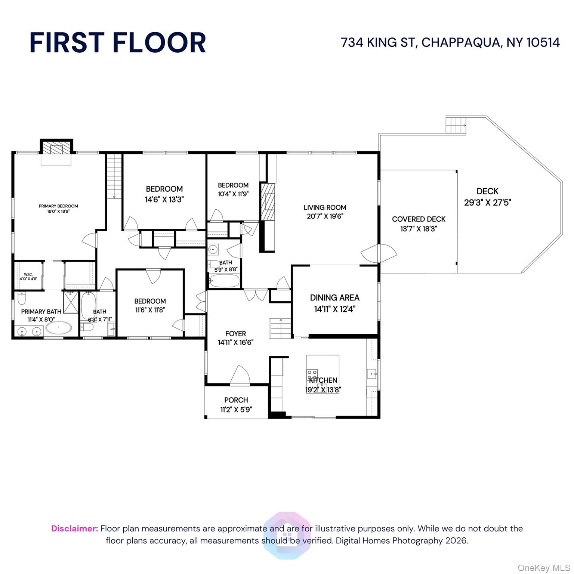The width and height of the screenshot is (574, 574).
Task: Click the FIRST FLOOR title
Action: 118,42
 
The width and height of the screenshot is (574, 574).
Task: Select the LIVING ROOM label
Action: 324,207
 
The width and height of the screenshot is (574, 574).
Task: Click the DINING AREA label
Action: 334,298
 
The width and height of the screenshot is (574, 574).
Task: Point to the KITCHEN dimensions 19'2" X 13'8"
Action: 323,390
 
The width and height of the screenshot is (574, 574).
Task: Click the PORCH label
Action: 236,400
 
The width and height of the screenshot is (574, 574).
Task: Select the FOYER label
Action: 235,334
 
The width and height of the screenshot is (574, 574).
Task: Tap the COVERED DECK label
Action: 419,219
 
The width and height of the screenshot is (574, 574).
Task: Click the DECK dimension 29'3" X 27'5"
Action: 487,203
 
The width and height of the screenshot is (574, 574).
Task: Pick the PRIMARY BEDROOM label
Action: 58,206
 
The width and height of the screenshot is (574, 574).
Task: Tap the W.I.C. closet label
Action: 28,274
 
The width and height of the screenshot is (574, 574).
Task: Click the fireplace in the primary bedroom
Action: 56,148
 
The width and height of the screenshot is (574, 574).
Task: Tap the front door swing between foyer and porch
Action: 240,375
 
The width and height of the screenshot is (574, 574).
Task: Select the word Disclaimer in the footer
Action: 74,528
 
